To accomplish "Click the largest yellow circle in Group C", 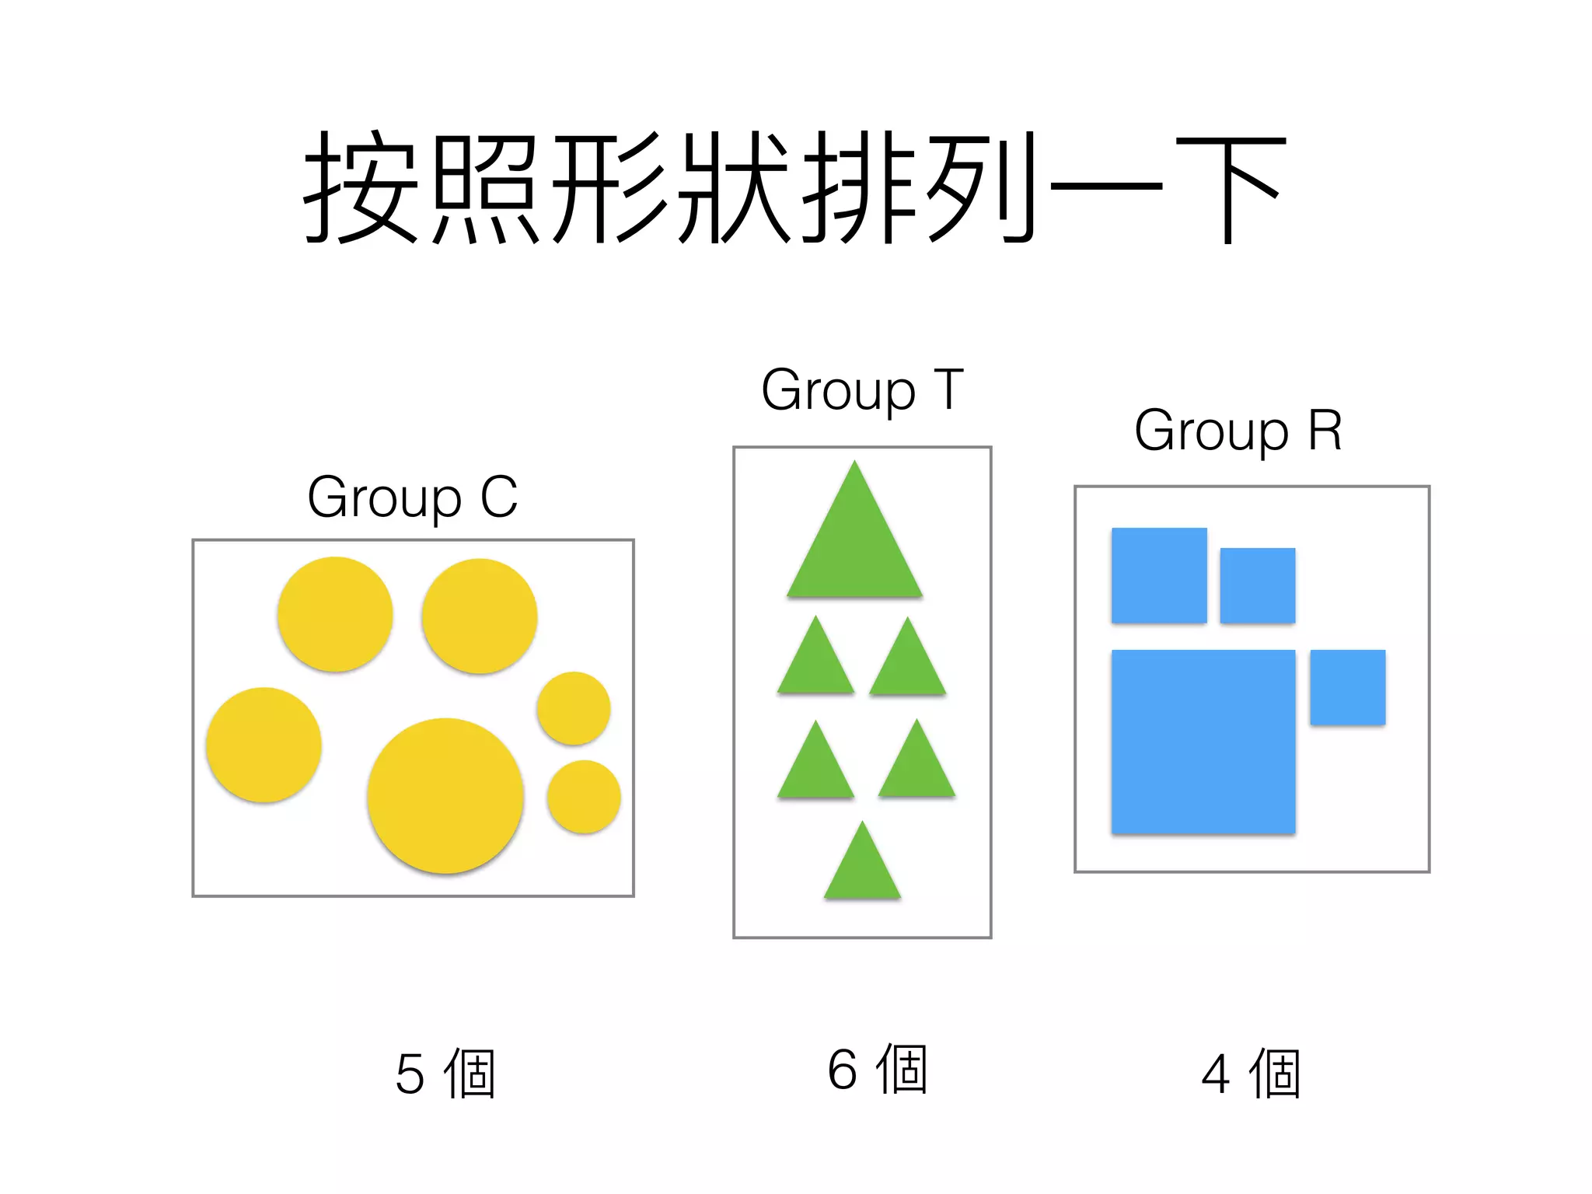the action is [445, 795].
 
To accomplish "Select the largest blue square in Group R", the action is [1203, 742].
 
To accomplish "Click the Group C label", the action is [412, 497].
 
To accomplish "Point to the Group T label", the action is [862, 390].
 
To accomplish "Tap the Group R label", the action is [1238, 431].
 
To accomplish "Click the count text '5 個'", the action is [445, 1074].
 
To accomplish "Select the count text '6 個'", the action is [878, 1070].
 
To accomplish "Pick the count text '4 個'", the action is [1251, 1074].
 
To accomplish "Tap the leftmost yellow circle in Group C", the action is [264, 745].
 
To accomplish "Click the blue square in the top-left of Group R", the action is [1159, 575].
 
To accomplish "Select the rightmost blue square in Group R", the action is [1347, 687].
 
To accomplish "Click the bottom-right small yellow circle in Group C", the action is [584, 797].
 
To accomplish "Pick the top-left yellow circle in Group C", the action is [335, 614].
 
